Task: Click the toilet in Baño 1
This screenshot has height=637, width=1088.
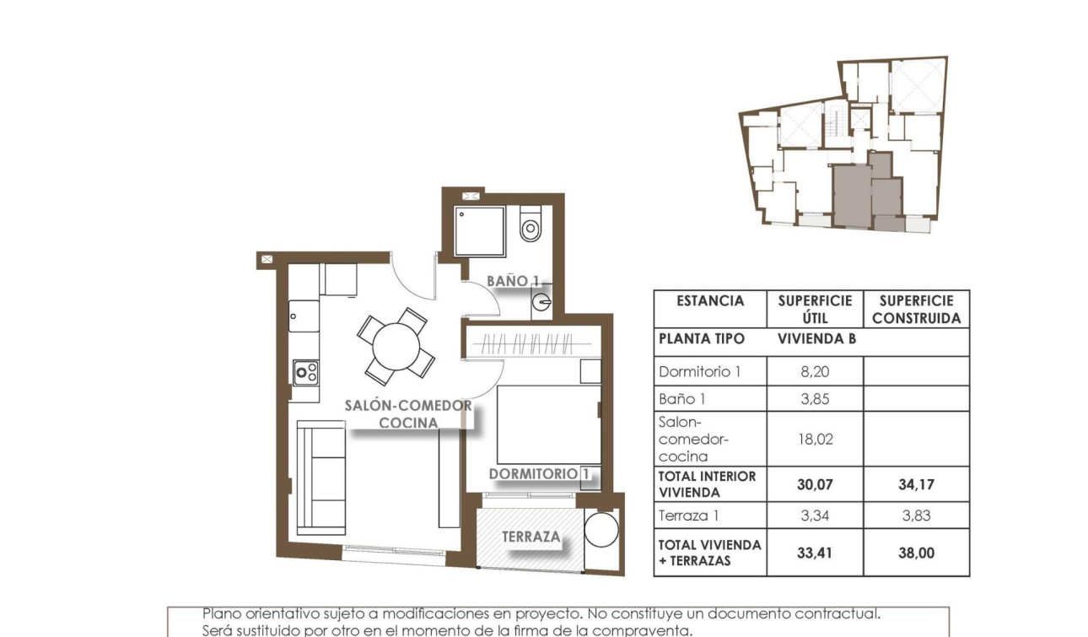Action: pyautogui.click(x=530, y=225)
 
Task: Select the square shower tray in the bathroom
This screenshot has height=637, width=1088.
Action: pyautogui.click(x=479, y=231)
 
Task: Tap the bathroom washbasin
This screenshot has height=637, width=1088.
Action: pyautogui.click(x=542, y=301)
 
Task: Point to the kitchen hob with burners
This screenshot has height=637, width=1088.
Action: pyautogui.click(x=305, y=371)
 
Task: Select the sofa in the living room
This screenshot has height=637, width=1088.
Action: pyautogui.click(x=321, y=478)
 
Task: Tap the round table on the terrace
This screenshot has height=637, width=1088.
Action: pyautogui.click(x=601, y=529)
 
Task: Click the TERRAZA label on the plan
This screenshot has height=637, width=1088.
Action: pyautogui.click(x=531, y=537)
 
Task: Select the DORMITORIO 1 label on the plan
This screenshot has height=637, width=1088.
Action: pyautogui.click(x=538, y=474)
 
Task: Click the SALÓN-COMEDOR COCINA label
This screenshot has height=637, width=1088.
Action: pyautogui.click(x=408, y=414)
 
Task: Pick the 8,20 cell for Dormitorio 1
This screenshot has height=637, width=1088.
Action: pyautogui.click(x=816, y=371)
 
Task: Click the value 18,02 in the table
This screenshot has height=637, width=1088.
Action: pyautogui.click(x=816, y=439)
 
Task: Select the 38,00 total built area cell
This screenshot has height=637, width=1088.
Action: pyautogui.click(x=916, y=553)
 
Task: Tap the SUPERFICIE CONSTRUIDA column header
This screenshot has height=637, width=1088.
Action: pyautogui.click(x=916, y=310)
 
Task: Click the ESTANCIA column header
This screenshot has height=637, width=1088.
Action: pyautogui.click(x=710, y=301)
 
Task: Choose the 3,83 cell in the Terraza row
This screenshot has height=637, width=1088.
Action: pyautogui.click(x=916, y=516)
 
